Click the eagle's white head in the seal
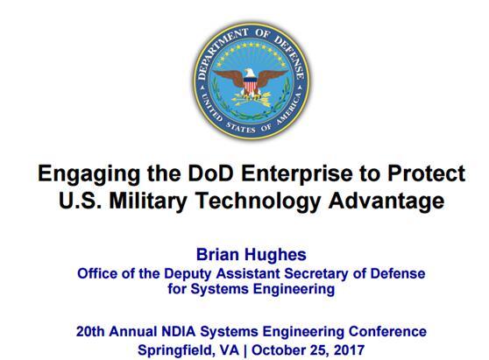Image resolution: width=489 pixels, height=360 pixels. [x=250, y=74]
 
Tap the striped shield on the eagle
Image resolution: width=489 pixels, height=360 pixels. [x=250, y=86]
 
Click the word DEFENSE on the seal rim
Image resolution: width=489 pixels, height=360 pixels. [x=289, y=57]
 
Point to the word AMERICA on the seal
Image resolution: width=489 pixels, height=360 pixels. [x=290, y=106]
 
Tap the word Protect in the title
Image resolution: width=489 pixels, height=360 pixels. [x=426, y=173]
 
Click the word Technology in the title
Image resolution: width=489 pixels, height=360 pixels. [x=258, y=201]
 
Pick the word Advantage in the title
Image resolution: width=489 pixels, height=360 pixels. [x=386, y=201]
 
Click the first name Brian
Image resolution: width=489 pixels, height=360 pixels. [x=217, y=254]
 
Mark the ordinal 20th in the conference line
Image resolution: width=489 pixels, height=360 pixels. [x=90, y=331]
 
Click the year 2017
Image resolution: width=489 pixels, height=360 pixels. [x=349, y=350]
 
